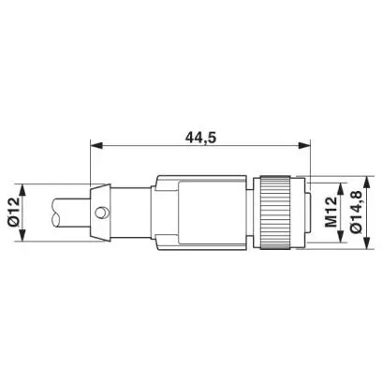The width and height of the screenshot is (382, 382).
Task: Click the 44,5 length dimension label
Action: tap(200, 138)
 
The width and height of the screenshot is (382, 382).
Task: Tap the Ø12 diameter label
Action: tap(14, 213)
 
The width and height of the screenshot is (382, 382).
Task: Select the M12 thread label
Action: tap(331, 213)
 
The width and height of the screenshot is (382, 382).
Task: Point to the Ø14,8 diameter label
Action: tap(356, 212)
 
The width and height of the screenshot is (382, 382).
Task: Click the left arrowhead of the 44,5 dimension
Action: tap(95, 145)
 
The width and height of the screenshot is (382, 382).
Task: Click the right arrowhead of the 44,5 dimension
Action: tap(304, 145)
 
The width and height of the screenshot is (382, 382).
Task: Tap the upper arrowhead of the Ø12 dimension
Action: tap(22, 190)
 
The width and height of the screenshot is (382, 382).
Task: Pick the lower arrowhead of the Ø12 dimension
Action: tap(22, 235)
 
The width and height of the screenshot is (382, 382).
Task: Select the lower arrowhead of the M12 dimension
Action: tap(342, 236)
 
